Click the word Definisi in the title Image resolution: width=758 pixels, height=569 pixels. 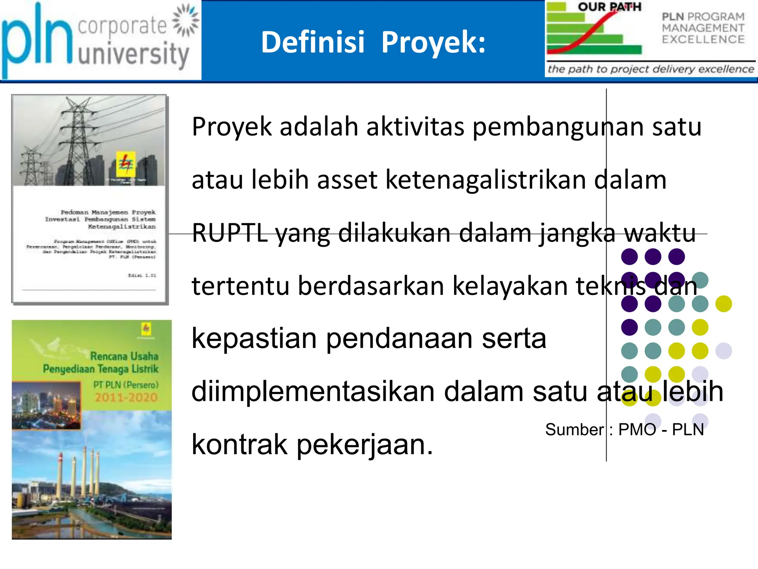[313, 42]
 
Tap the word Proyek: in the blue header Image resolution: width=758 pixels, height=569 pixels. [433, 43]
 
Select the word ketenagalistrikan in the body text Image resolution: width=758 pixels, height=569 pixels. [486, 180]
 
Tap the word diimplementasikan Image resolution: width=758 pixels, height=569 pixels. [313, 392]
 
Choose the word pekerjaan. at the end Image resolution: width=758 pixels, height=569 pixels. [365, 445]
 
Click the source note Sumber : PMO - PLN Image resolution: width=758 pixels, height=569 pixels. [624, 430]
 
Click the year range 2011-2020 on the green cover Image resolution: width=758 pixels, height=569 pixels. [126, 397]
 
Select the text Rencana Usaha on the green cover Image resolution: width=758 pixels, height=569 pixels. [124, 356]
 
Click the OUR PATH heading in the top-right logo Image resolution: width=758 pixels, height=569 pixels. [609, 7]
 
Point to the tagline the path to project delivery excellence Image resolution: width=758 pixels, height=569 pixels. [651, 69]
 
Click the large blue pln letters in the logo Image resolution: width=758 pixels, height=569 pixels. [37, 41]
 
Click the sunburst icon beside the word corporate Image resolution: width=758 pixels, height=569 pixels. [186, 20]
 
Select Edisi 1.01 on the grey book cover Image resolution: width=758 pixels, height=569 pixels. [142, 275]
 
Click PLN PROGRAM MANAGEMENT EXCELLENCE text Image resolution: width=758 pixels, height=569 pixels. [703, 28]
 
